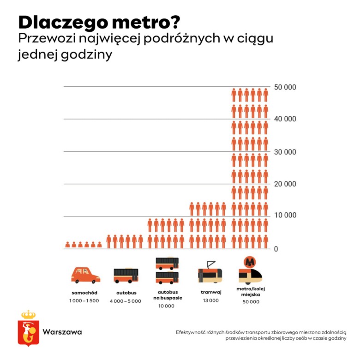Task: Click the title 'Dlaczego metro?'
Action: [x=99, y=22]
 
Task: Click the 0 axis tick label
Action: [x=276, y=249]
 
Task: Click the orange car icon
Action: [x=85, y=275]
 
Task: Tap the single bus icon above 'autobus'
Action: [x=126, y=276]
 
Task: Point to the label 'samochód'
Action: [x=84, y=293]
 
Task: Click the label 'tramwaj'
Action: [x=211, y=292]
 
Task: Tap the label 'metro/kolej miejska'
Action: [x=251, y=292]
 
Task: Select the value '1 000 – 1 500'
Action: [x=85, y=301]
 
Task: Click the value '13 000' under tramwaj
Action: [x=211, y=300]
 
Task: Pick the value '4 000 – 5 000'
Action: [x=126, y=301]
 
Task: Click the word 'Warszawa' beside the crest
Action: [x=62, y=332]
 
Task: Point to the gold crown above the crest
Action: [x=29, y=314]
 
